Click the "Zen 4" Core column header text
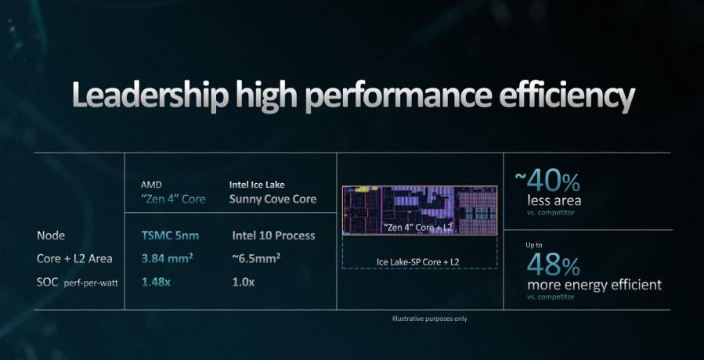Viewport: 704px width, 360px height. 173,199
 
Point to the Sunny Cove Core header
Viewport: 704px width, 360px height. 273,199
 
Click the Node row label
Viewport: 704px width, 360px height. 51,235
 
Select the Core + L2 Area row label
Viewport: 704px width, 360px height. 74,257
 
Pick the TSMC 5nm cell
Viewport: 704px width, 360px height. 171,235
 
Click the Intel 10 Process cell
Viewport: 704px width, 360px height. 273,235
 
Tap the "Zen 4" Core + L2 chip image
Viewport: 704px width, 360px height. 419,210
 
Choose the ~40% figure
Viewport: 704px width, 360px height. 547,182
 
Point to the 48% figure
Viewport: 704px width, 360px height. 554,262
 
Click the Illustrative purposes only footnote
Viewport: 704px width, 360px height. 430,319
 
